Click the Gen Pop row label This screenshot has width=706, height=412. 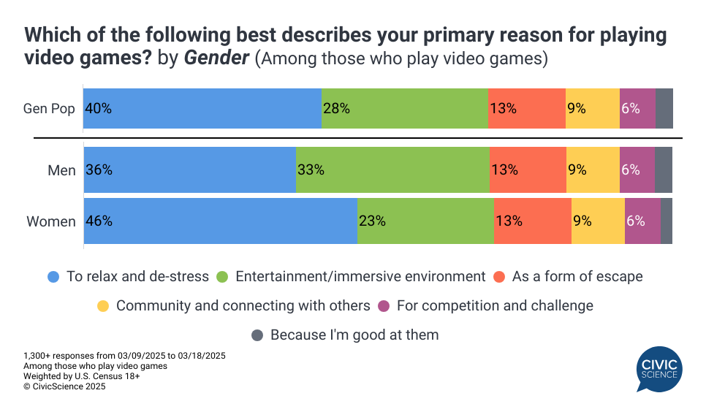pyautogui.click(x=49, y=109)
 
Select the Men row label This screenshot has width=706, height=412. pyautogui.click(x=61, y=170)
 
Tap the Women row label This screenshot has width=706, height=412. pyautogui.click(x=51, y=221)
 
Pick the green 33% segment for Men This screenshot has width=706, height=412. pyautogui.click(x=392, y=170)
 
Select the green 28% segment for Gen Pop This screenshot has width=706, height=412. pyautogui.click(x=404, y=109)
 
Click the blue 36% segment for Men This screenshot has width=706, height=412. pyautogui.click(x=190, y=170)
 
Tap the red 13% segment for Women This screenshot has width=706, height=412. pyautogui.click(x=532, y=221)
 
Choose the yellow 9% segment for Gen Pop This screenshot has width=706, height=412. pyautogui.click(x=592, y=109)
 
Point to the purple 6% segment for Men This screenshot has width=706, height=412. pyautogui.click(x=637, y=170)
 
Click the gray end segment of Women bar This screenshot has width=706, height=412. pyautogui.click(x=667, y=221)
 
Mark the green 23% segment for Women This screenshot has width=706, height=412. pyautogui.click(x=425, y=221)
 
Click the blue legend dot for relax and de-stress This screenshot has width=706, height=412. pyautogui.click(x=53, y=277)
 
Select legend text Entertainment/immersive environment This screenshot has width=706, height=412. pyautogui.click(x=360, y=277)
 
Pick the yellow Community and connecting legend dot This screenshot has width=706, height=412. pyautogui.click(x=103, y=305)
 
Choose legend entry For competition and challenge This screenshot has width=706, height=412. pyautogui.click(x=495, y=305)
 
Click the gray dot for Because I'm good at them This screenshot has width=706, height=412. pyautogui.click(x=257, y=335)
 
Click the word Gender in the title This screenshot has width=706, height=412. pyautogui.click(x=216, y=58)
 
